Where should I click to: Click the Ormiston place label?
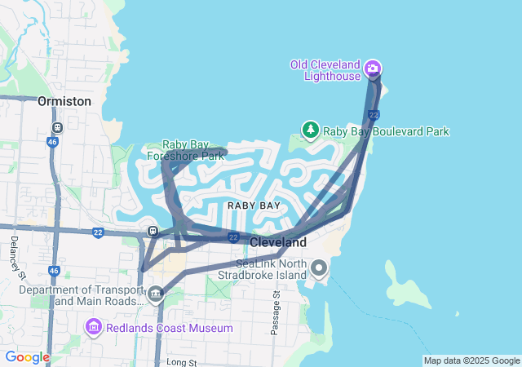click(x=64, y=101)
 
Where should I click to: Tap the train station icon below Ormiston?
click(x=57, y=128)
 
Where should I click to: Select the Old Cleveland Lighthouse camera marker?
click(x=373, y=69)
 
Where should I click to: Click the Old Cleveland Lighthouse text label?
click(x=325, y=70)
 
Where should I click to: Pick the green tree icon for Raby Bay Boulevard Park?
click(x=310, y=130)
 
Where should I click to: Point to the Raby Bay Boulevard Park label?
click(x=386, y=131)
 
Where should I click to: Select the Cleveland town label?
click(x=277, y=242)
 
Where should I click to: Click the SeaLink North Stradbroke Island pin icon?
click(x=319, y=268)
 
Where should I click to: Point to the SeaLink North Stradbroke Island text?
click(x=270, y=269)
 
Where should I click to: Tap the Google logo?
click(x=27, y=357)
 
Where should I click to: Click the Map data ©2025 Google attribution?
click(x=471, y=360)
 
